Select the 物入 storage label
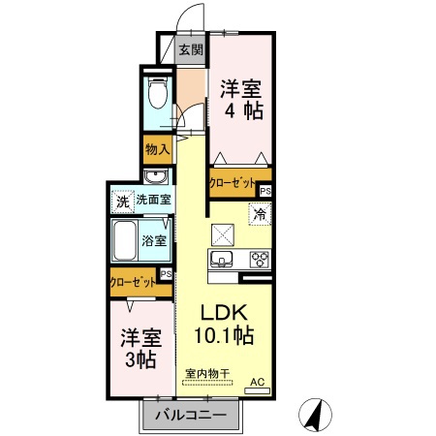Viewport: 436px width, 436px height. click(157, 149)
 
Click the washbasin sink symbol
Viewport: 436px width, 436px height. click(155, 176)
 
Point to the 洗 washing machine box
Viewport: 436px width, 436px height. click(122, 202)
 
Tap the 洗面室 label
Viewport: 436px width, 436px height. click(153, 201)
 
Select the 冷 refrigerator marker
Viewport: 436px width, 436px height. click(262, 213)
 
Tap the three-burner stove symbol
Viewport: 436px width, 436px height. click(260, 259)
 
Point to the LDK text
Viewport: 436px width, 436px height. click(225, 314)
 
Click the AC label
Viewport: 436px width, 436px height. click(258, 383)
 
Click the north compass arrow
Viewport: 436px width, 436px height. click(314, 414)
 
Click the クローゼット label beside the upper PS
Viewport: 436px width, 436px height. click(233, 181)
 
